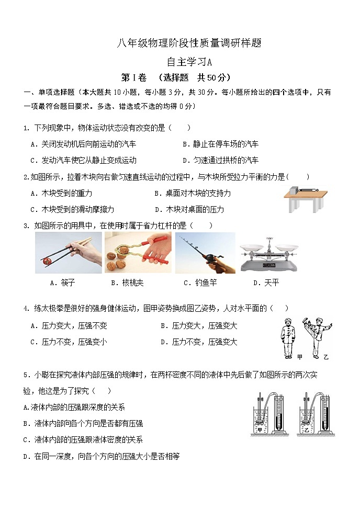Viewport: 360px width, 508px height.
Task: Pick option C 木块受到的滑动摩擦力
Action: pyautogui.click(x=72, y=209)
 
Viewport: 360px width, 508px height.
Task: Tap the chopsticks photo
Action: pyautogui.click(x=68, y=253)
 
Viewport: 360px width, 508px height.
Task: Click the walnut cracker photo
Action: pyautogui.click(x=138, y=253)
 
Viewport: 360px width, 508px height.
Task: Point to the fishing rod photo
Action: pyautogui.click(x=205, y=253)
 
